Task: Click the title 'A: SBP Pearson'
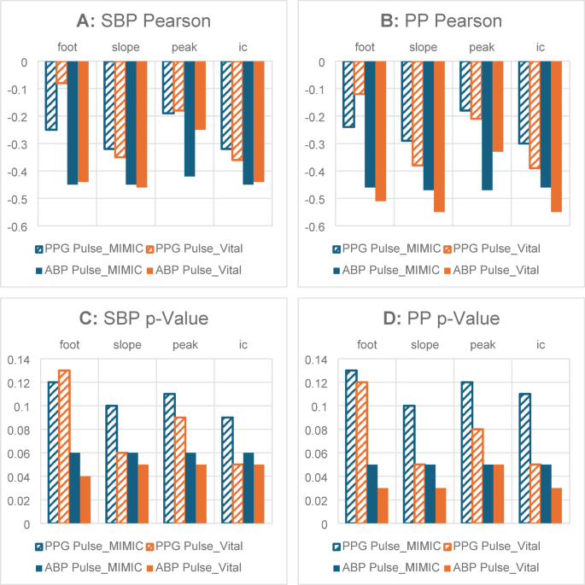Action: [143, 20]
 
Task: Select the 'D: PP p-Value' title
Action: [442, 319]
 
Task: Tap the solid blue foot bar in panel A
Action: [73, 123]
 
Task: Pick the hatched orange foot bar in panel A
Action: [61, 73]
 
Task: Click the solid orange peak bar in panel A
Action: [201, 96]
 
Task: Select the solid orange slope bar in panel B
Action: [439, 137]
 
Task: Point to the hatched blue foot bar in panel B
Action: [348, 95]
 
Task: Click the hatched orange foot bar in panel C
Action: [64, 447]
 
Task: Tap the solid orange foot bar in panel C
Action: [85, 500]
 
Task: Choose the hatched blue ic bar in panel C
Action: [227, 470]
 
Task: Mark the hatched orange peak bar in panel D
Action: [477, 476]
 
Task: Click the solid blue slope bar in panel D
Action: [430, 494]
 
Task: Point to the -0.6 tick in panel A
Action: [18, 227]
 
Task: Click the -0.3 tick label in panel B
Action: [315, 144]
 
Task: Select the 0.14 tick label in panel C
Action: [18, 360]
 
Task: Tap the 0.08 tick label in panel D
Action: [316, 430]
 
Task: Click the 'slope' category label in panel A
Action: [126, 47]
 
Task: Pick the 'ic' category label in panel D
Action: [541, 345]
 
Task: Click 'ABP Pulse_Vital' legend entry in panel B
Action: [492, 270]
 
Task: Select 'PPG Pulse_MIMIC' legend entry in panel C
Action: [89, 547]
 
